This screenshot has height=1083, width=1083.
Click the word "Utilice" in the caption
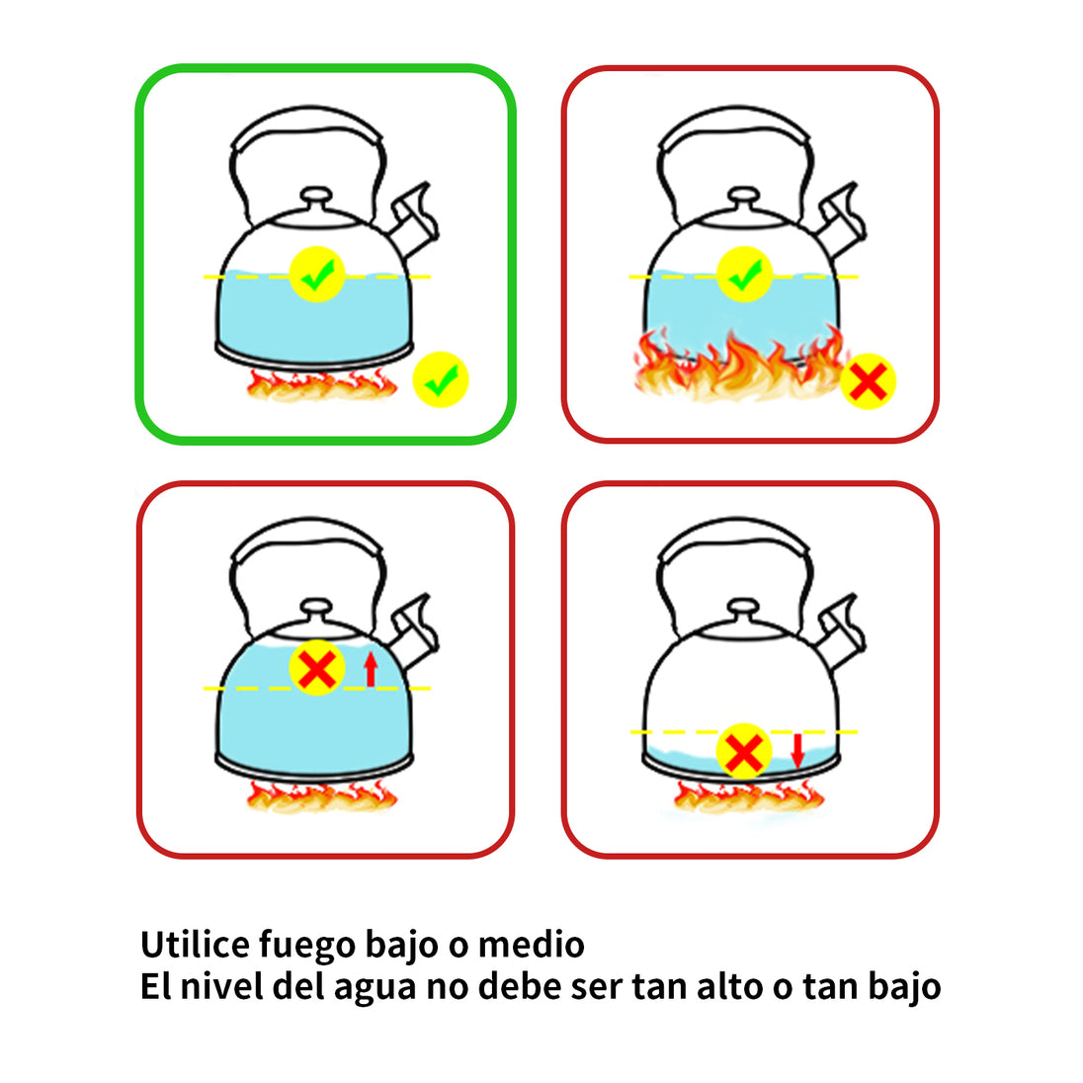tap(196, 945)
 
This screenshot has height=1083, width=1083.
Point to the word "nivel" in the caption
tap(221, 985)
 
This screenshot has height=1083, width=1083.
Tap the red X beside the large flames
tap(869, 381)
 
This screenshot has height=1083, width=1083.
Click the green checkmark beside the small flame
tap(441, 379)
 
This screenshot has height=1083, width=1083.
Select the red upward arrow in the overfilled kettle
tap(371, 669)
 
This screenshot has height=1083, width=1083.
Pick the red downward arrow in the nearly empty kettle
tap(797, 751)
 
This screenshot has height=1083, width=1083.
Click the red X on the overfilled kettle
tap(317, 668)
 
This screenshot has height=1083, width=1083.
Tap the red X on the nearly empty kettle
tap(744, 751)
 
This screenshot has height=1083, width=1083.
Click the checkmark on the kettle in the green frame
tap(317, 274)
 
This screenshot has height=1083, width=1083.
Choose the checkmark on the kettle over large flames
tap(745, 274)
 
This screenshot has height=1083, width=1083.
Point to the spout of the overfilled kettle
tap(413, 629)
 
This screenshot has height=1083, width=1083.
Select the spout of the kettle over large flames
tap(841, 219)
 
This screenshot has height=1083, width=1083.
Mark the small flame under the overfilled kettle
tap(322, 795)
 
